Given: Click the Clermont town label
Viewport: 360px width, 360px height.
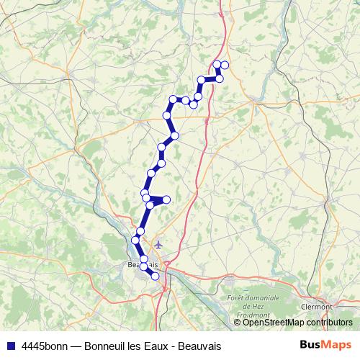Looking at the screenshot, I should coord(317,306).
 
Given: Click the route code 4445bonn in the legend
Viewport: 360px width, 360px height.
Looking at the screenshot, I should coord(45,346).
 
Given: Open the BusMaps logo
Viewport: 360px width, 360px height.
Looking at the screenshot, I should coord(325,345).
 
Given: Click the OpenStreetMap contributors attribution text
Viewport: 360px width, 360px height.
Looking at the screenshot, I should coord(295,323).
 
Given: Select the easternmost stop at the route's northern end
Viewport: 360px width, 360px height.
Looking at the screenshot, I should coord(225,66).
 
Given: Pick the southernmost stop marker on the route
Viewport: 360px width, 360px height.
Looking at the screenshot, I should coord(155,276).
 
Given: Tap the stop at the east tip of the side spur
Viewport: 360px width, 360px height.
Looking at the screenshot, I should coord(166,199).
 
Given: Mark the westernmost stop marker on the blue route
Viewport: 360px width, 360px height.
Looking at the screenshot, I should coord(135,239).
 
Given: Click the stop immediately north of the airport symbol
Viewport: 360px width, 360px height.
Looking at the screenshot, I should coord(140,230).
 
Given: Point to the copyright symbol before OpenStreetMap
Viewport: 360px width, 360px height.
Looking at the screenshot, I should coord(238,323).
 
